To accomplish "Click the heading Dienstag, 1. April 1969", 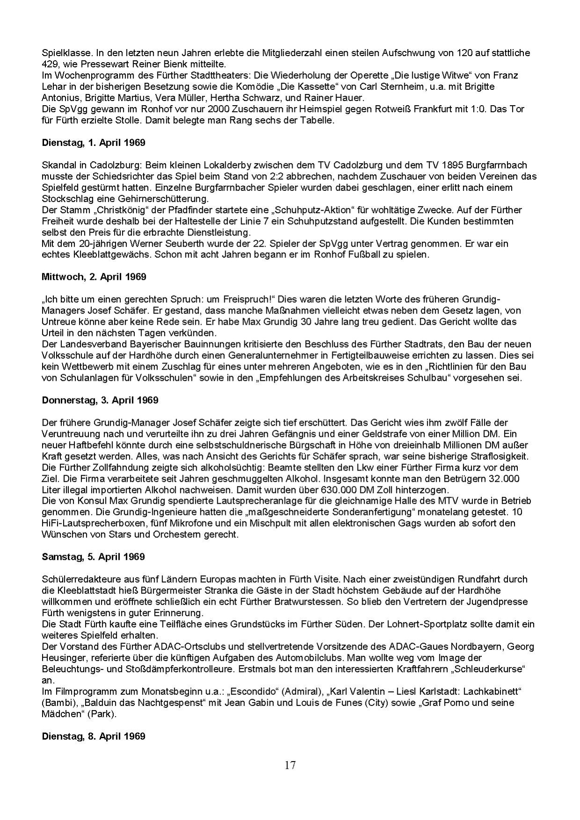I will pyautogui.click(x=93, y=142).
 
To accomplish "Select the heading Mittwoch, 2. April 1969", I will pyautogui.click(x=94, y=276).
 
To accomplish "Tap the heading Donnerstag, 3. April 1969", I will pyautogui.click(x=100, y=400).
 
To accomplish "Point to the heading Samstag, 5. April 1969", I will pyautogui.click(x=93, y=557).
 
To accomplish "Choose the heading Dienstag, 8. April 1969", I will pyautogui.click(x=93, y=736).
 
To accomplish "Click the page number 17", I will pyautogui.click(x=290, y=765).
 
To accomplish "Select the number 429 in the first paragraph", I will pyautogui.click(x=49, y=64).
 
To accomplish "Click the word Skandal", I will pyautogui.click(x=57, y=165).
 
